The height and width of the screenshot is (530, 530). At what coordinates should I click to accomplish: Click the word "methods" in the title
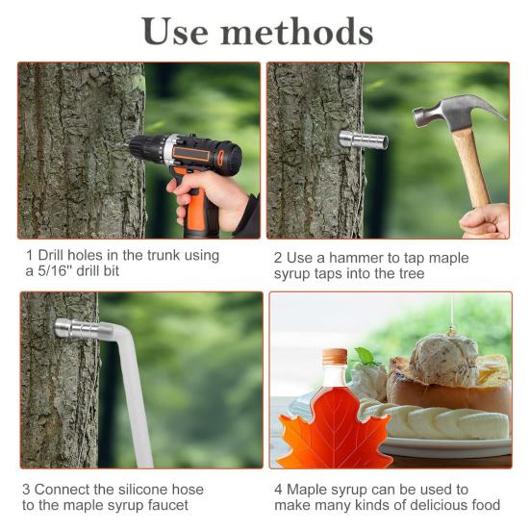tap(297, 32)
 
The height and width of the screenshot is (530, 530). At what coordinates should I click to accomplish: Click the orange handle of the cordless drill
tap(195, 206)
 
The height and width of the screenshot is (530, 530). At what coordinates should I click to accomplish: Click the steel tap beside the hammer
tap(364, 139)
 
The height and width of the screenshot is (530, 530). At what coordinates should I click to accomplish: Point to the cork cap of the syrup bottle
tap(335, 356)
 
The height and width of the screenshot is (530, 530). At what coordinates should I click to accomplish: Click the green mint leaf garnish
tap(366, 357)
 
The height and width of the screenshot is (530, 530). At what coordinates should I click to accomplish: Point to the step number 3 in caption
tap(26, 490)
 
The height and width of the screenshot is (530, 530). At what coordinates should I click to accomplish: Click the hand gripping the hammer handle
tap(486, 220)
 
